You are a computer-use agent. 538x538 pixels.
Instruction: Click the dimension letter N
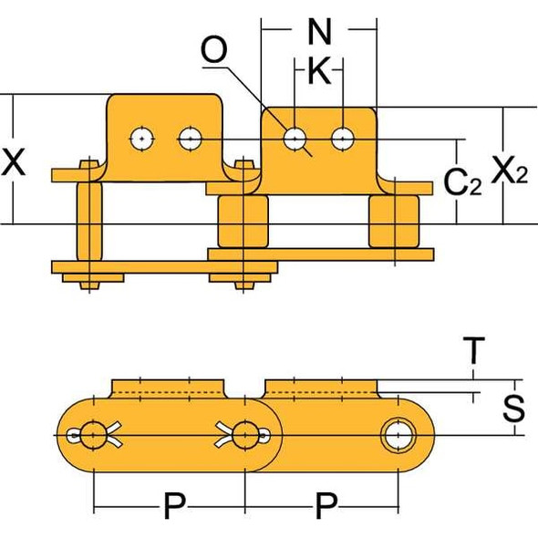(318, 32)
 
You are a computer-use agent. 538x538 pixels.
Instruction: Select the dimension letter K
(318, 72)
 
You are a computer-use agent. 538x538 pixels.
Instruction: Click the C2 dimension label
(460, 181)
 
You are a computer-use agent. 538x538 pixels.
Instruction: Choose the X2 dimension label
(509, 171)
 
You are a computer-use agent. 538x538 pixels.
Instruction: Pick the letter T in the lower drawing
(472, 349)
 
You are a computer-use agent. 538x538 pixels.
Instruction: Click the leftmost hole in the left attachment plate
(141, 139)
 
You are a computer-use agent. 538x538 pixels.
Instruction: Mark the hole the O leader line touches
(294, 139)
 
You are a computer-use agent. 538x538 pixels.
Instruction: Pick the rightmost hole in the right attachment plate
(342, 139)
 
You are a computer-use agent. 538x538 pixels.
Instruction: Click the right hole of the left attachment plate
(189, 139)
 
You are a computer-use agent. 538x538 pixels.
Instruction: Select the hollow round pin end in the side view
(398, 436)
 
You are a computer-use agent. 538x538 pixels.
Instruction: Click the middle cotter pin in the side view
(243, 436)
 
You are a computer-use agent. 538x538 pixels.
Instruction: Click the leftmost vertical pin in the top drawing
(88, 223)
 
